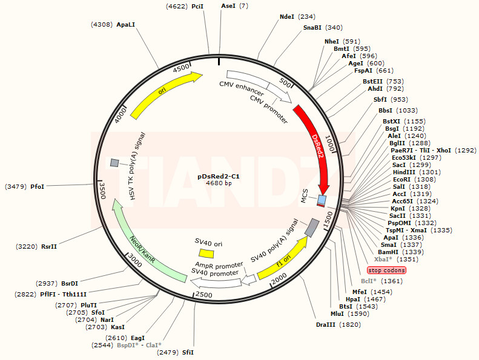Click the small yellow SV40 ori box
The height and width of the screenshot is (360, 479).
[x=206, y=254]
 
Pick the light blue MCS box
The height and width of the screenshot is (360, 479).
[x=322, y=200]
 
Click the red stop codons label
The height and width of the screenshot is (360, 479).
[x=386, y=270]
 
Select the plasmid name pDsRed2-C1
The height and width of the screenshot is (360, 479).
[x=219, y=176]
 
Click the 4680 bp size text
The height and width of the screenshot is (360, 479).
[x=219, y=183]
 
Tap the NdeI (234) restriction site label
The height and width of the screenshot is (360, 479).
[x=297, y=17]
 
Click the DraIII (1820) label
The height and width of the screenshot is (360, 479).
[x=329, y=325]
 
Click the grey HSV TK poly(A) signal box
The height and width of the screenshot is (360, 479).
[x=114, y=163]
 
